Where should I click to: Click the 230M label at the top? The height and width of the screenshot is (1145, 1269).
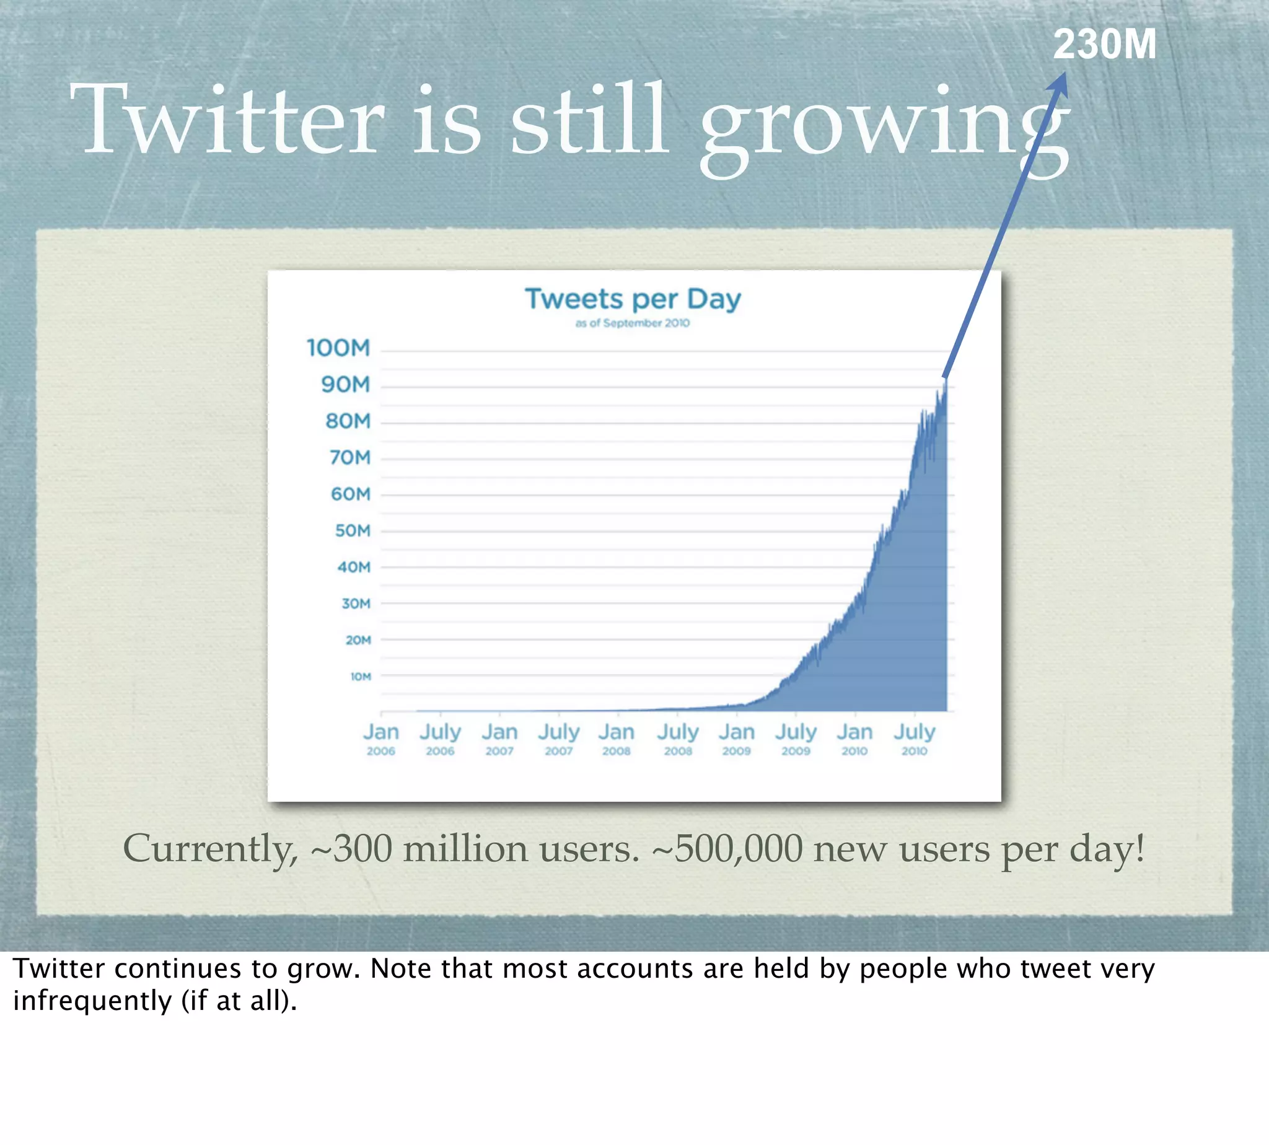coord(1104,45)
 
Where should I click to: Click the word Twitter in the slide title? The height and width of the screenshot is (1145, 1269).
coord(227,120)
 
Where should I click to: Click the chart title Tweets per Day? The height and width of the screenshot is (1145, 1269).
coord(633,299)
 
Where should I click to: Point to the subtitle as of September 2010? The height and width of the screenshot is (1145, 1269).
coord(632,323)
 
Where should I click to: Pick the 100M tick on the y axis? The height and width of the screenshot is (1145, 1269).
coord(338,348)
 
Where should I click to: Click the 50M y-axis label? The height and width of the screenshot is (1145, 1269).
coord(353,531)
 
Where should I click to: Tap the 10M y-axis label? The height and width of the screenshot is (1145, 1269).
coord(361,677)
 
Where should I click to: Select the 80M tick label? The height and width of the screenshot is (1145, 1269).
coord(348,421)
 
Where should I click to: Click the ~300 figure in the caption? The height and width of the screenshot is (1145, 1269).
coord(355,849)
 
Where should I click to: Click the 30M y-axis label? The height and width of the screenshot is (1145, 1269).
coord(356,604)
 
